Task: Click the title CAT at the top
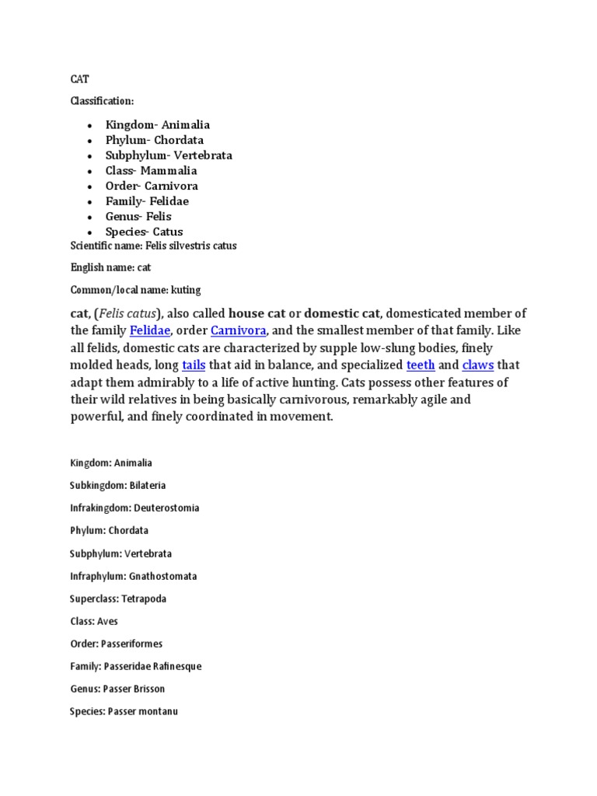click(79, 79)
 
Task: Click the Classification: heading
click(102, 101)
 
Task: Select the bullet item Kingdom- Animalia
click(158, 124)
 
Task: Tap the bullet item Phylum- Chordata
click(155, 140)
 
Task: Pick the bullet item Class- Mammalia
click(152, 170)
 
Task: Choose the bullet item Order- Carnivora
click(152, 186)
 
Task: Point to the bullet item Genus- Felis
click(138, 216)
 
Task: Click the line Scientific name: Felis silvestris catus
click(153, 246)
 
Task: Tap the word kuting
click(186, 290)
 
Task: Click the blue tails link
click(194, 365)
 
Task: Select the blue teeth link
click(421, 365)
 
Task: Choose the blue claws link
click(478, 365)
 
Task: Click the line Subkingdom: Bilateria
click(117, 485)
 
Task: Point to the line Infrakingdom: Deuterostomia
click(134, 508)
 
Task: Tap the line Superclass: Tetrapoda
click(118, 599)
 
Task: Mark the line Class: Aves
click(94, 621)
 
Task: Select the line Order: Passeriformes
click(116, 644)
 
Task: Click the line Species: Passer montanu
click(124, 711)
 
